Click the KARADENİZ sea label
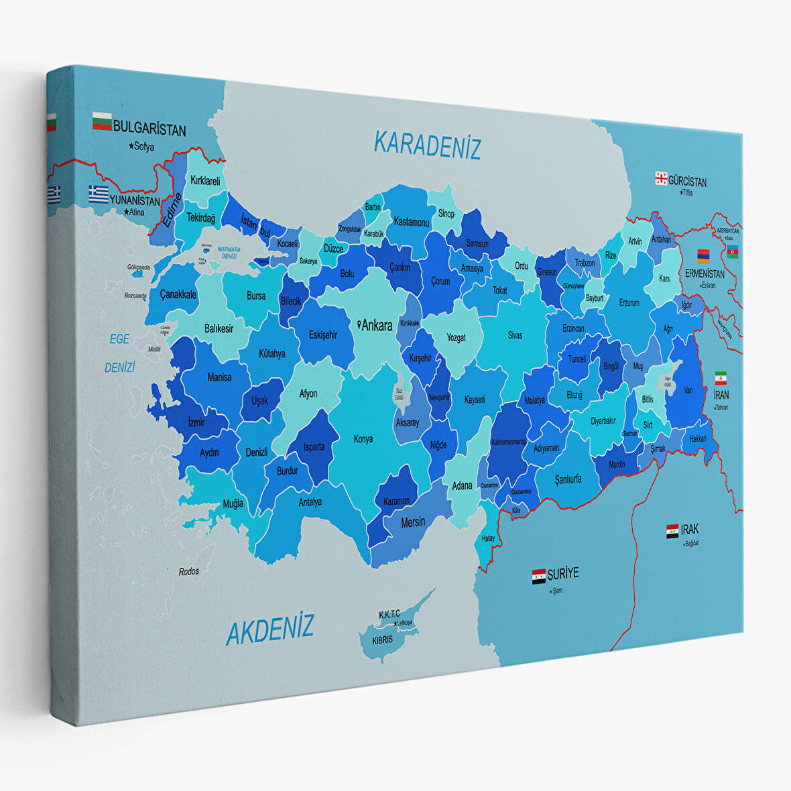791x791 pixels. [427, 145]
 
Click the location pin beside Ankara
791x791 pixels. [359, 325]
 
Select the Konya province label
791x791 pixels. [363, 439]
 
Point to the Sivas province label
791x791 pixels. [515, 335]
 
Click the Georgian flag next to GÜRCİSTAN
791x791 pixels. [661, 178]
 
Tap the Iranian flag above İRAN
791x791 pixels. [721, 377]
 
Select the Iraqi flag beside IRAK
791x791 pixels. [672, 532]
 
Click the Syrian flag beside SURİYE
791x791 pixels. [538, 576]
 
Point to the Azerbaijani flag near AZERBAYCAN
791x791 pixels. [733, 252]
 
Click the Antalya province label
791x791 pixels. [310, 501]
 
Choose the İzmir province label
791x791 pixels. [196, 422]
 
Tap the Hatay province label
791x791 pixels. [488, 538]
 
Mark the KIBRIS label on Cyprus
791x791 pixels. [383, 640]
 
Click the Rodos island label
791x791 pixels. [189, 571]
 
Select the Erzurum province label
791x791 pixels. [629, 302]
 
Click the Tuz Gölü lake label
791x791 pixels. [399, 393]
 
